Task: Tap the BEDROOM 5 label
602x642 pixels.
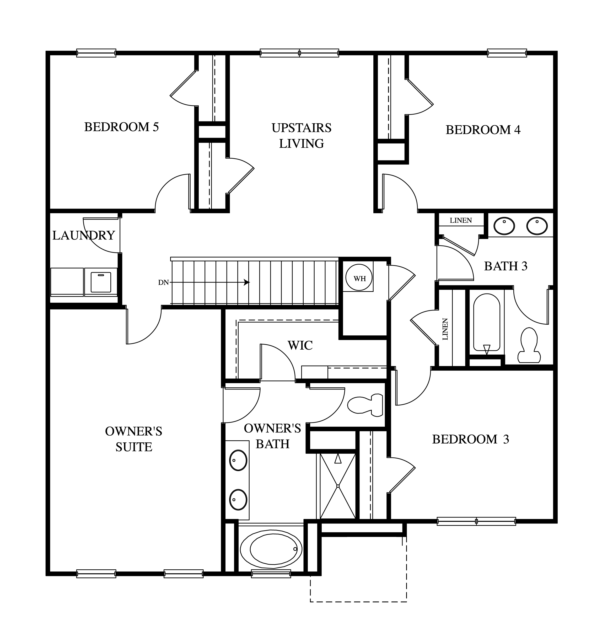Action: point(121,127)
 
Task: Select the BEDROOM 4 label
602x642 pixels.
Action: point(483,130)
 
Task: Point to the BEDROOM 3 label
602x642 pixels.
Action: point(471,439)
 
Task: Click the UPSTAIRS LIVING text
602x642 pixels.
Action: point(302,136)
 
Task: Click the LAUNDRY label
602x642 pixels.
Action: point(84,236)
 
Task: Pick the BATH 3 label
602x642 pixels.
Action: point(506,266)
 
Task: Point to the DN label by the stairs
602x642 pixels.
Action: point(163,282)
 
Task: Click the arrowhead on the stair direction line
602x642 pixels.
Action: point(247,282)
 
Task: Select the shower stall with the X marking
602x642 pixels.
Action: point(338,486)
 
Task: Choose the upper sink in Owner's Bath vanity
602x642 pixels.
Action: point(238,460)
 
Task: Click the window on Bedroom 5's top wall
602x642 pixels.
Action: point(96,53)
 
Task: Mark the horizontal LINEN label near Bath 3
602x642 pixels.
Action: point(461,221)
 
